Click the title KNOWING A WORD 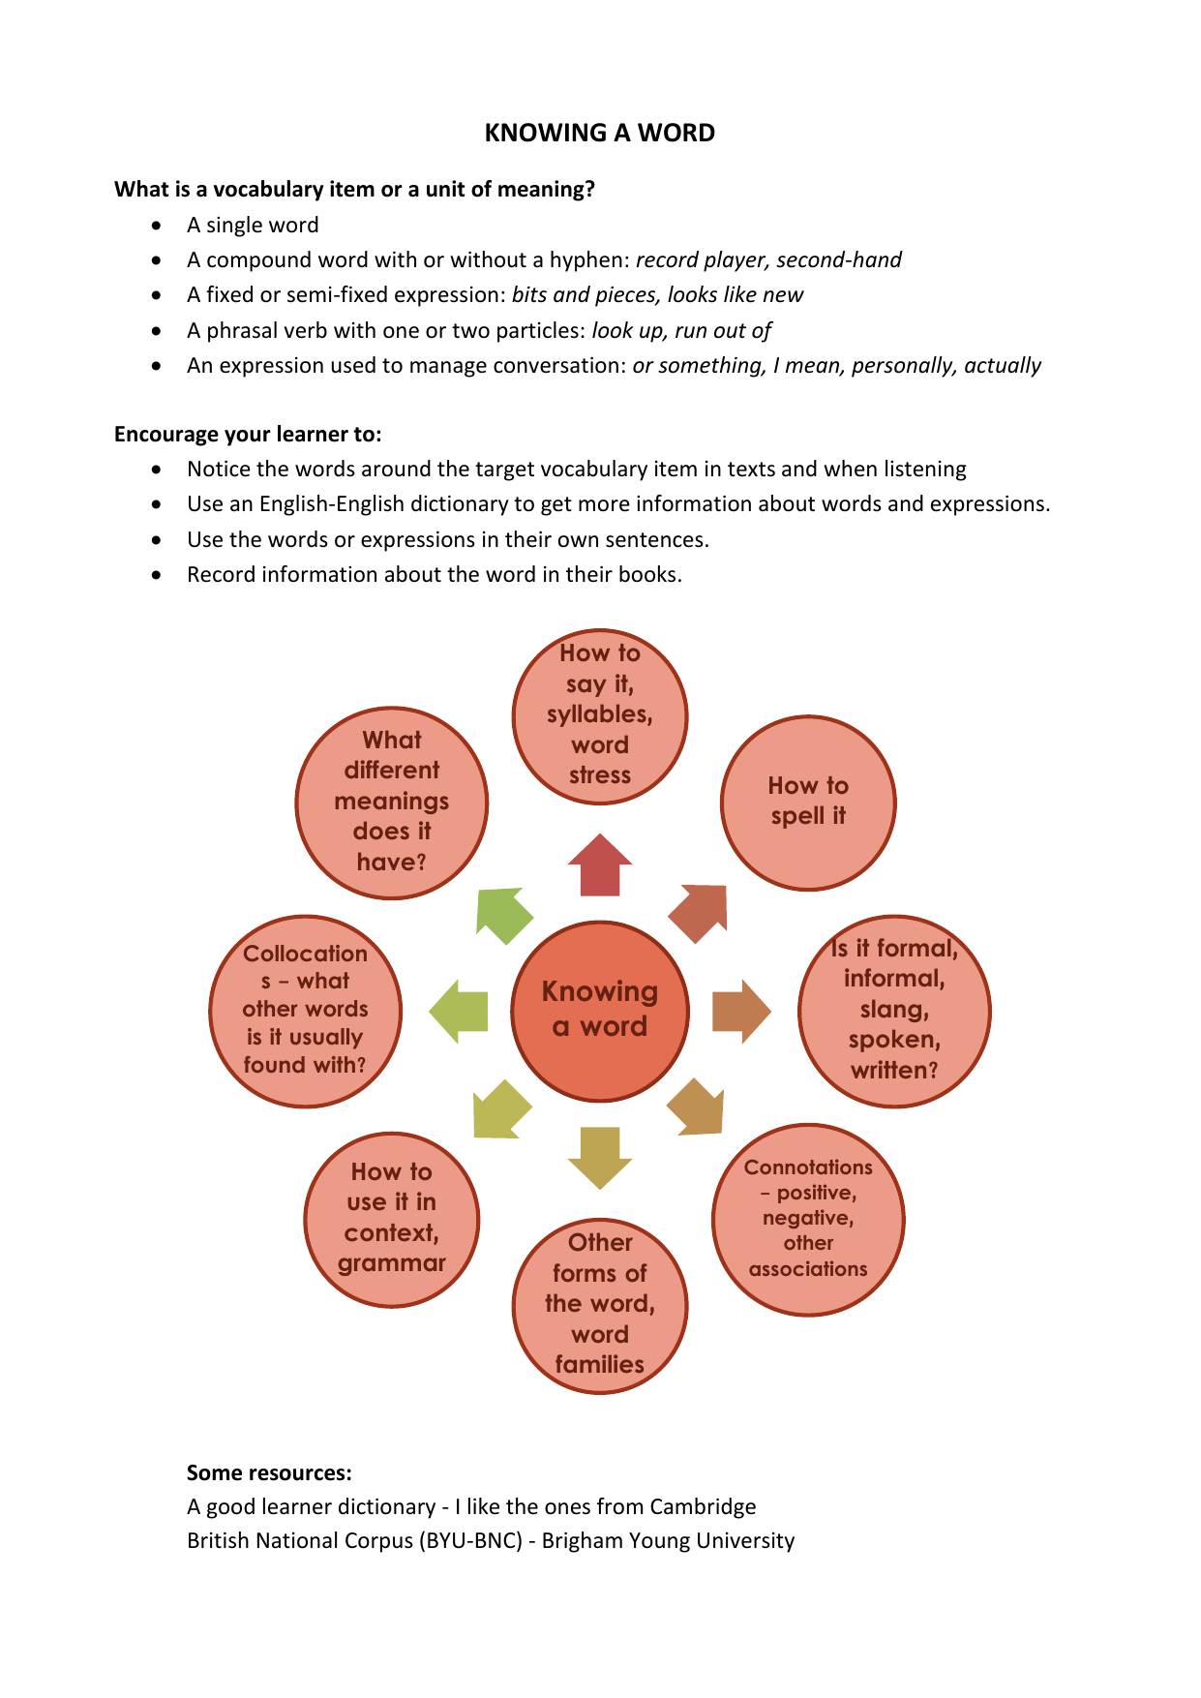(x=600, y=133)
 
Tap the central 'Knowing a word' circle (x=600, y=1011)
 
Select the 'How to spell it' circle (x=808, y=803)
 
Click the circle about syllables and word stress (x=600, y=716)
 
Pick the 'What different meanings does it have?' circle (x=392, y=803)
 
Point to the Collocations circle (x=306, y=1011)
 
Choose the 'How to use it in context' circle (x=392, y=1219)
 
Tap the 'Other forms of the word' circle (x=600, y=1305)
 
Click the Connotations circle (x=808, y=1220)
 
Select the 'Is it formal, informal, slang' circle (x=894, y=1011)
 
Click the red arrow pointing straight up (x=600, y=864)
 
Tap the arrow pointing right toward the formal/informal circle (x=741, y=1011)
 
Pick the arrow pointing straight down (x=600, y=1158)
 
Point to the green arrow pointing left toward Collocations (x=459, y=1012)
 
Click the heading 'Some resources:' (x=269, y=1472)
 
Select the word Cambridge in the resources (x=703, y=1506)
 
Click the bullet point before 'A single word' (x=157, y=226)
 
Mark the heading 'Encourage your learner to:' (x=248, y=434)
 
